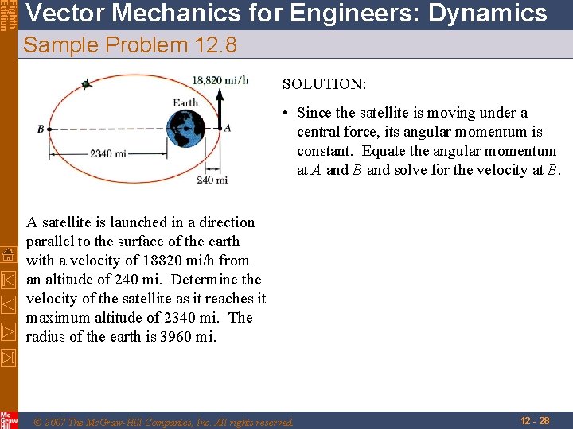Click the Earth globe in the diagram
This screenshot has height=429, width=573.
click(x=186, y=128)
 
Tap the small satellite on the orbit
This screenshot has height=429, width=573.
click(x=86, y=83)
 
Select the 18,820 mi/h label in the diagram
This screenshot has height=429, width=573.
click(x=220, y=79)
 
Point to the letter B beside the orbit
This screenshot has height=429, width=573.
click(x=41, y=129)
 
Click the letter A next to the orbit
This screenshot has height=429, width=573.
click(x=228, y=127)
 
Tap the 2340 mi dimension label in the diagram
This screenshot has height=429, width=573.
click(x=107, y=153)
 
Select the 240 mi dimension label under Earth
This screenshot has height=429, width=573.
click(x=212, y=180)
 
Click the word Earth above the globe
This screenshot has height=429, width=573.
click(x=185, y=102)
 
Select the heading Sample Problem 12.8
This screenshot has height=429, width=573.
click(x=130, y=45)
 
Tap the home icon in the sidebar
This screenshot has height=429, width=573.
click(x=9, y=254)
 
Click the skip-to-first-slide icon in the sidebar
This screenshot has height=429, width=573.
click(x=9, y=279)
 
